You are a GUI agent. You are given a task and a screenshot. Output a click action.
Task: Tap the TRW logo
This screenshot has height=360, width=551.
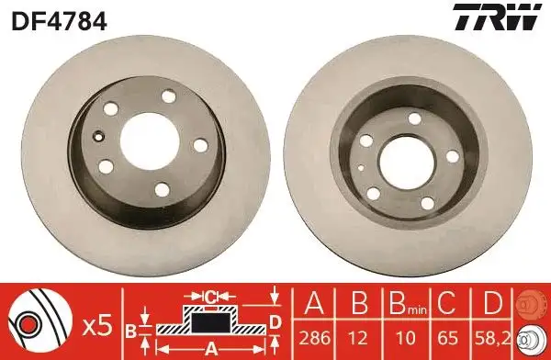pos(497,17)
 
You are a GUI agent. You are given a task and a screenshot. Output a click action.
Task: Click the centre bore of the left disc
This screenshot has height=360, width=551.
pos(150,141)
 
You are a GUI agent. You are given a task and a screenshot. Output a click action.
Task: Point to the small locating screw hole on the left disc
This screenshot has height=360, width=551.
pos(100,136)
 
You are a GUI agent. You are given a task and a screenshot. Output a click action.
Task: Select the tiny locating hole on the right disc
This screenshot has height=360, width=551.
pos(361,168)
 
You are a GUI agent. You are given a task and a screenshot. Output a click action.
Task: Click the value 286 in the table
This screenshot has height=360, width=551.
pos(314,338)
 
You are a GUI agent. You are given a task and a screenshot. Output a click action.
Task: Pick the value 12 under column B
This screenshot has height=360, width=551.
pos(358,338)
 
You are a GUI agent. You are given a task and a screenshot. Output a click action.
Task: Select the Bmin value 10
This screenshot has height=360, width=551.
pos(407,338)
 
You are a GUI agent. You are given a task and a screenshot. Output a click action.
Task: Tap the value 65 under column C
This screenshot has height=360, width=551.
pos(448,338)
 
